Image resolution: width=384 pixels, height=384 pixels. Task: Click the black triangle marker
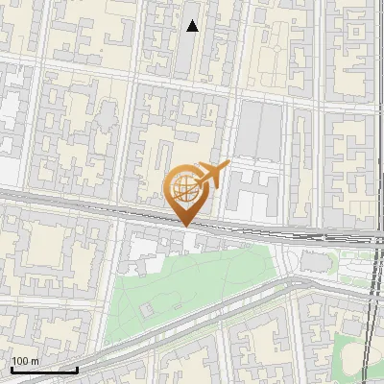pos(192,26)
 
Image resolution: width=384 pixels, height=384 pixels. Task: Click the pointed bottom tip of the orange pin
pos(185,226)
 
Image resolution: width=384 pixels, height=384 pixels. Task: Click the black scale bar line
pos(43,370)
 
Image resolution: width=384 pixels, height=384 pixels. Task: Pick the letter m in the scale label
pos(36,362)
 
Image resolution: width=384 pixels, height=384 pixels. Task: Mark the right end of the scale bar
pos(77,370)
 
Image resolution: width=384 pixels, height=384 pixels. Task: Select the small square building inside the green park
pos(147,310)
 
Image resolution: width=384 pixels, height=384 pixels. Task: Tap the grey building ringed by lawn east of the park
pos(312,261)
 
